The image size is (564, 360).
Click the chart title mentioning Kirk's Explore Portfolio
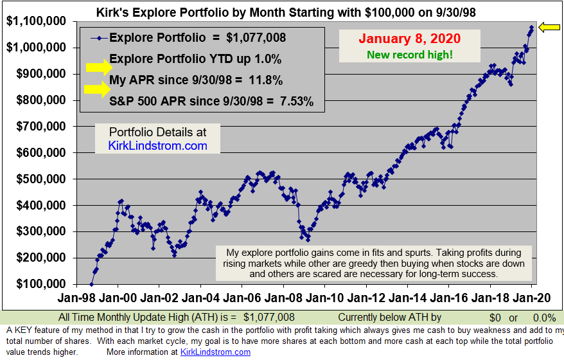click(286, 12)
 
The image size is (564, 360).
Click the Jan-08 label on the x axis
click(283, 298)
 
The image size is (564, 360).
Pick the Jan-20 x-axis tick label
click(532, 298)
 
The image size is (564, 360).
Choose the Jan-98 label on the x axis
click(76, 298)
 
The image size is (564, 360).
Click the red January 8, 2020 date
click(410, 39)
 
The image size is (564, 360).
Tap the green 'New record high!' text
click(410, 55)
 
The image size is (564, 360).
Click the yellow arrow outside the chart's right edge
click(549, 27)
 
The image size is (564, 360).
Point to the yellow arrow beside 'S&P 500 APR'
click(98, 89)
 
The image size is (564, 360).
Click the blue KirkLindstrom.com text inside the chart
click(157, 146)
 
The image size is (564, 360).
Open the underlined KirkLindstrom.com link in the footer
click(215, 352)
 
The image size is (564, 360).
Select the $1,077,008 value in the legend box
click(256, 38)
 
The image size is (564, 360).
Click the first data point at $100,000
click(91, 284)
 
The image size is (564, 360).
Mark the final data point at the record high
click(532, 28)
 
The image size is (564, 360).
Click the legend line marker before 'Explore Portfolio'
click(99, 38)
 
